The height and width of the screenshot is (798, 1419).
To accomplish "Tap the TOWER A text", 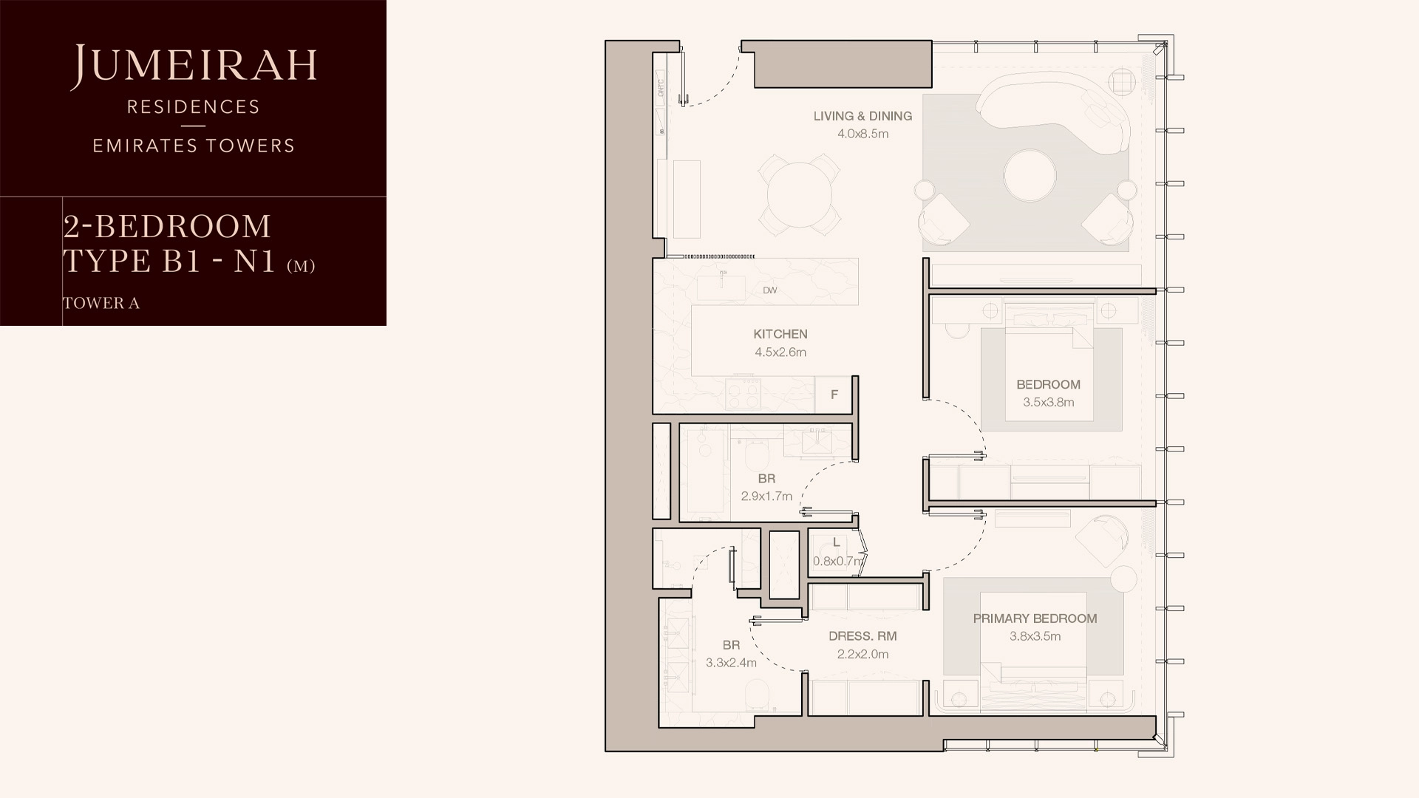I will click(101, 303).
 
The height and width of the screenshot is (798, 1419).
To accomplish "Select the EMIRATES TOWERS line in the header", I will click(194, 146).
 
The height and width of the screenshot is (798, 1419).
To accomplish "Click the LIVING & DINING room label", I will click(862, 116).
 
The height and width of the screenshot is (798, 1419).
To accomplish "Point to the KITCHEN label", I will click(780, 334).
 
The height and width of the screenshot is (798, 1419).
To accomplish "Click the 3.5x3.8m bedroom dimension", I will click(1048, 403).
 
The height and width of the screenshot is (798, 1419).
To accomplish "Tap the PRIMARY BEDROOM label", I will click(1035, 618).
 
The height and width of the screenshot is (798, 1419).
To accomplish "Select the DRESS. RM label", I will click(862, 636).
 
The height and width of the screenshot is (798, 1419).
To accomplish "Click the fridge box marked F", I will click(834, 395).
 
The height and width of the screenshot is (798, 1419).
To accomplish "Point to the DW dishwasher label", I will click(770, 290).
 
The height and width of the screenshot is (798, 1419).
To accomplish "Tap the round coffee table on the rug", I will click(1030, 176).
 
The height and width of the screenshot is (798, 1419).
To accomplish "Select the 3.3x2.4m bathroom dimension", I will click(731, 664).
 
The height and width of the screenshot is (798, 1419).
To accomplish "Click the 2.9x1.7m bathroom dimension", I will click(766, 497).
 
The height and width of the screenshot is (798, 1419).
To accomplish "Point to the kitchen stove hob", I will click(743, 394).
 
